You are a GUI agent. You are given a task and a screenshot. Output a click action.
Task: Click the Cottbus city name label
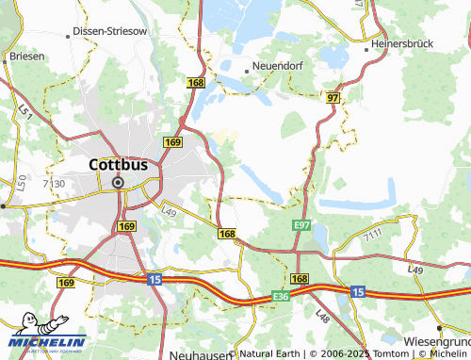click(118, 163)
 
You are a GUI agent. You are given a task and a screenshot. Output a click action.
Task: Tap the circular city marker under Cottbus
click(118, 183)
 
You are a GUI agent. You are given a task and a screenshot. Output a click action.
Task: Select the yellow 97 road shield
click(333, 98)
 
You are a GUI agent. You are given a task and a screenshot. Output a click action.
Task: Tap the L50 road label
click(21, 183)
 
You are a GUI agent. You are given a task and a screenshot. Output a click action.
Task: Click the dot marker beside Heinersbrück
click(367, 45)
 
